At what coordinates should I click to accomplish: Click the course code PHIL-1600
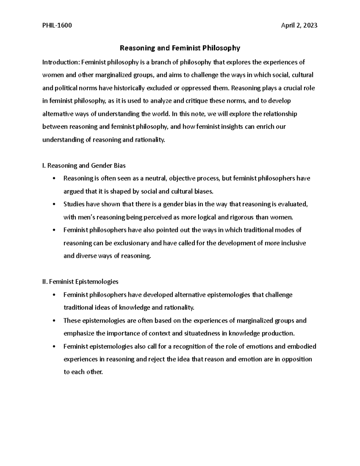[57, 26]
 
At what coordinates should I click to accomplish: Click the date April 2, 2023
[299, 26]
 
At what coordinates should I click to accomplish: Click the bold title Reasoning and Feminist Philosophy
[180, 48]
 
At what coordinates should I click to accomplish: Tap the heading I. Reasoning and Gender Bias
[84, 165]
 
